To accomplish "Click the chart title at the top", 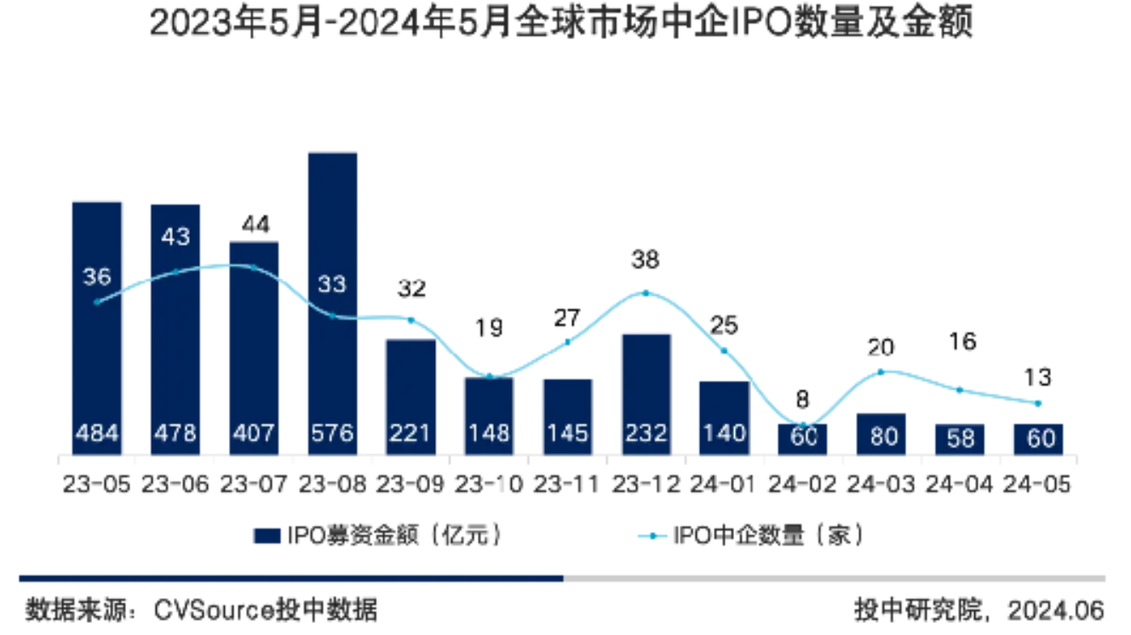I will (561, 23).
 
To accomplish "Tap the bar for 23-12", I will (646, 393).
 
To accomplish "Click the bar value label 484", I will (96, 434).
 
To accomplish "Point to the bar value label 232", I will (646, 434).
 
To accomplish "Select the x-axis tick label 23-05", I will (96, 483).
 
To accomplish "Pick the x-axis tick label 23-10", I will (489, 483).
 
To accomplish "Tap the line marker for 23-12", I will (646, 292).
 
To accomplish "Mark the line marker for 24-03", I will (881, 372).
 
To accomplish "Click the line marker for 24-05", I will (1037, 403).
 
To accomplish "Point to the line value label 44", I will (254, 225).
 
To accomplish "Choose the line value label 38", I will (646, 259).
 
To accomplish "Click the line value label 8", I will (803, 399).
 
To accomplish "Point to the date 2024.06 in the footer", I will (1056, 610).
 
